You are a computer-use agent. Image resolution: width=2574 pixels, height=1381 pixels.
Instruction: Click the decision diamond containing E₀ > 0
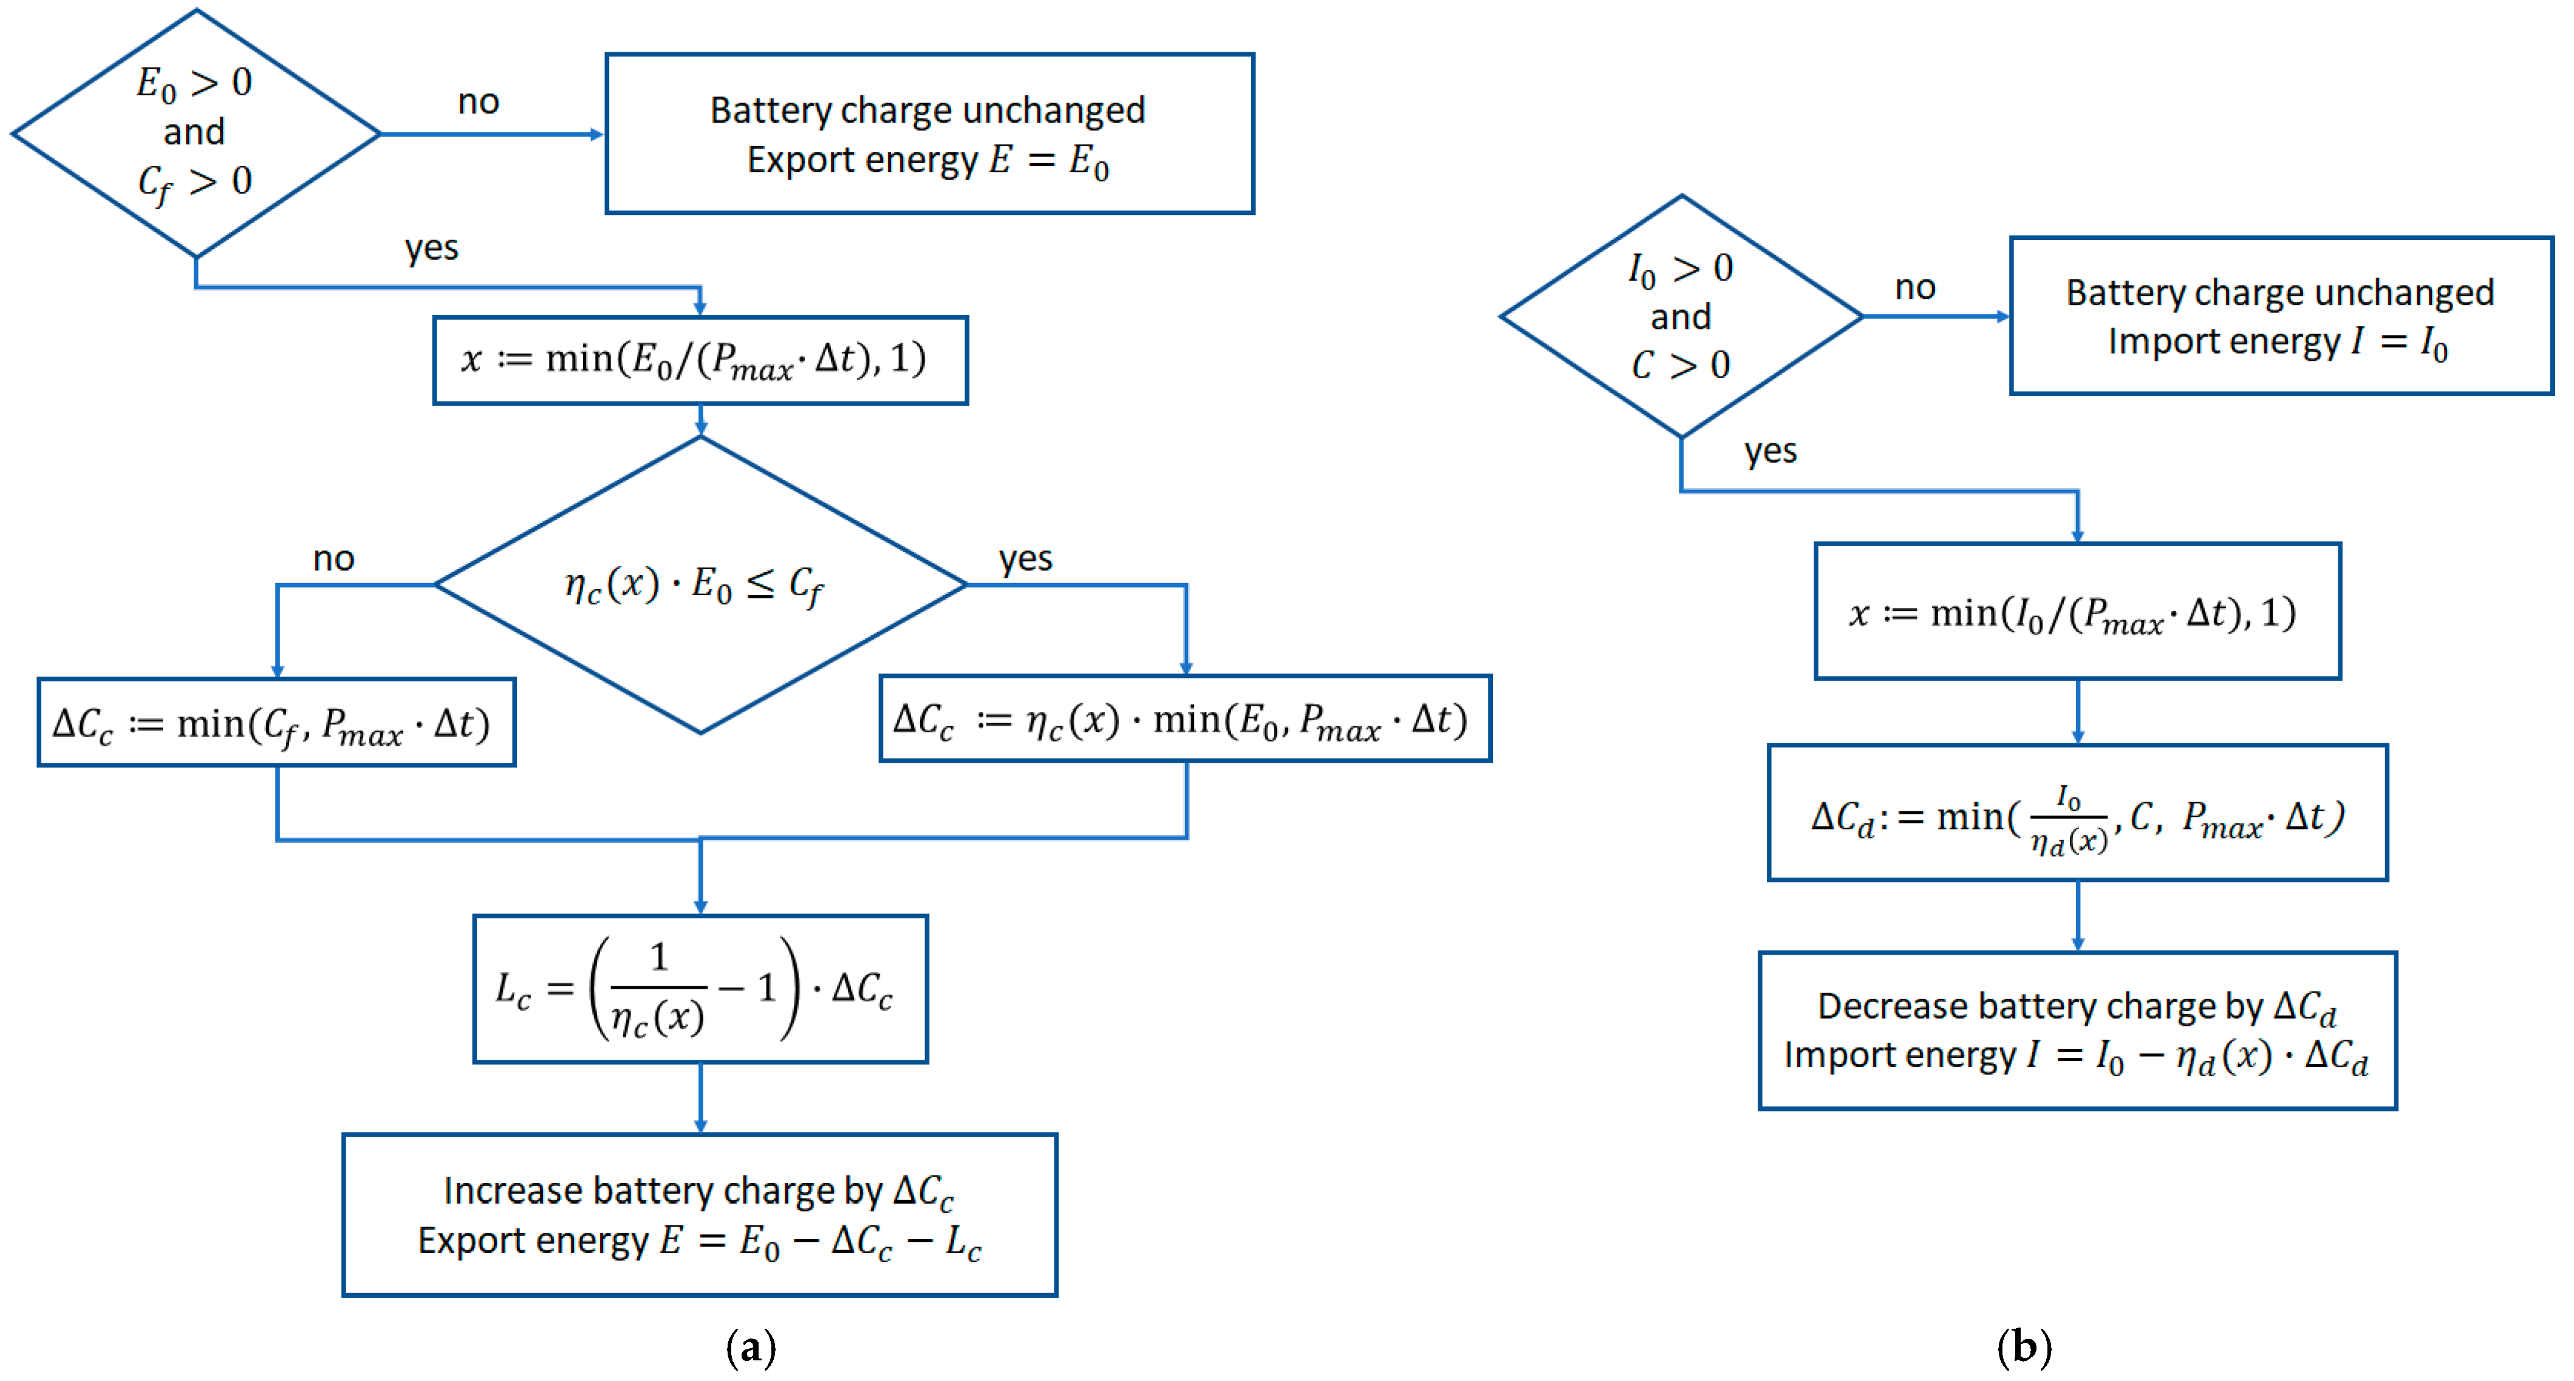coord(195,133)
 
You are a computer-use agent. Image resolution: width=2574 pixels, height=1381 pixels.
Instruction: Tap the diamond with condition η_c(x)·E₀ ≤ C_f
coord(700,585)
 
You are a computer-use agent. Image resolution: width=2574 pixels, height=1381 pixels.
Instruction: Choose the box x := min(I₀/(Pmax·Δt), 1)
coord(2077,612)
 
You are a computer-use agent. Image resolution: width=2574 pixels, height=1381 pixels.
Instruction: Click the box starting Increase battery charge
coord(700,1215)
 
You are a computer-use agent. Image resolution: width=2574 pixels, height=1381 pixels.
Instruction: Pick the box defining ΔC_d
coord(2077,813)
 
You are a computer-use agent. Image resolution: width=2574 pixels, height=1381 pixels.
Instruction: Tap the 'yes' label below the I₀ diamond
coord(1770,452)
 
